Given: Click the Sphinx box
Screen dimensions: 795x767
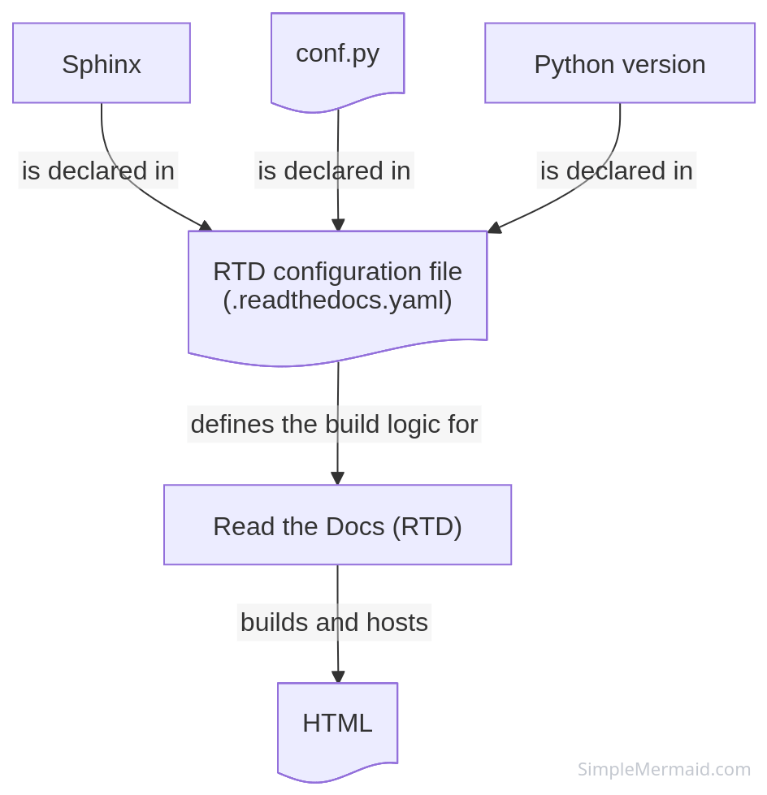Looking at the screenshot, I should pos(102,63).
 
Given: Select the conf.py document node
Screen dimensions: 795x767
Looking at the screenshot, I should pos(337,57).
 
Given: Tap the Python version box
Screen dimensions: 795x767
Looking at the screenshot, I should pos(620,63).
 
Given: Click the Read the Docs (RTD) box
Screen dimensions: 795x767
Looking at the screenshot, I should pos(337,525).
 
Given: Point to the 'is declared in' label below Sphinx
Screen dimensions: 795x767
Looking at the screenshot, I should pos(98,171).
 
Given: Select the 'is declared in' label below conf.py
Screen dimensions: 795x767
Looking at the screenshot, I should pos(334,171).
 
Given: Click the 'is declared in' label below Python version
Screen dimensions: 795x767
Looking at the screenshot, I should pos(617,171).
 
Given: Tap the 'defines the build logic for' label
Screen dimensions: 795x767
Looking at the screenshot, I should pos(334,424).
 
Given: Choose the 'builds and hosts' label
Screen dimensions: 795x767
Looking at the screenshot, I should pos(334,622).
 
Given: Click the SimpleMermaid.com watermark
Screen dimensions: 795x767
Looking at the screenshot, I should pos(664,769).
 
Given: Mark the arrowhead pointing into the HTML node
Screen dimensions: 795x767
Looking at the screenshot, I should pos(338,677).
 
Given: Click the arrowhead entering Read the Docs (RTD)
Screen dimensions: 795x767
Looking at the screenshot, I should pos(338,478).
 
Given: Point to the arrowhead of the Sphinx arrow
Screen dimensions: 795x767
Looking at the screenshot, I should pos(206,226).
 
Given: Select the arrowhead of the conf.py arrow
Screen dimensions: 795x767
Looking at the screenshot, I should pos(338,225).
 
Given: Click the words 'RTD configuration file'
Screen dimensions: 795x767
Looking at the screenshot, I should pos(337,272).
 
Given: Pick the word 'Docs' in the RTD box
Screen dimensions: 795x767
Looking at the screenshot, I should pos(355,526).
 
